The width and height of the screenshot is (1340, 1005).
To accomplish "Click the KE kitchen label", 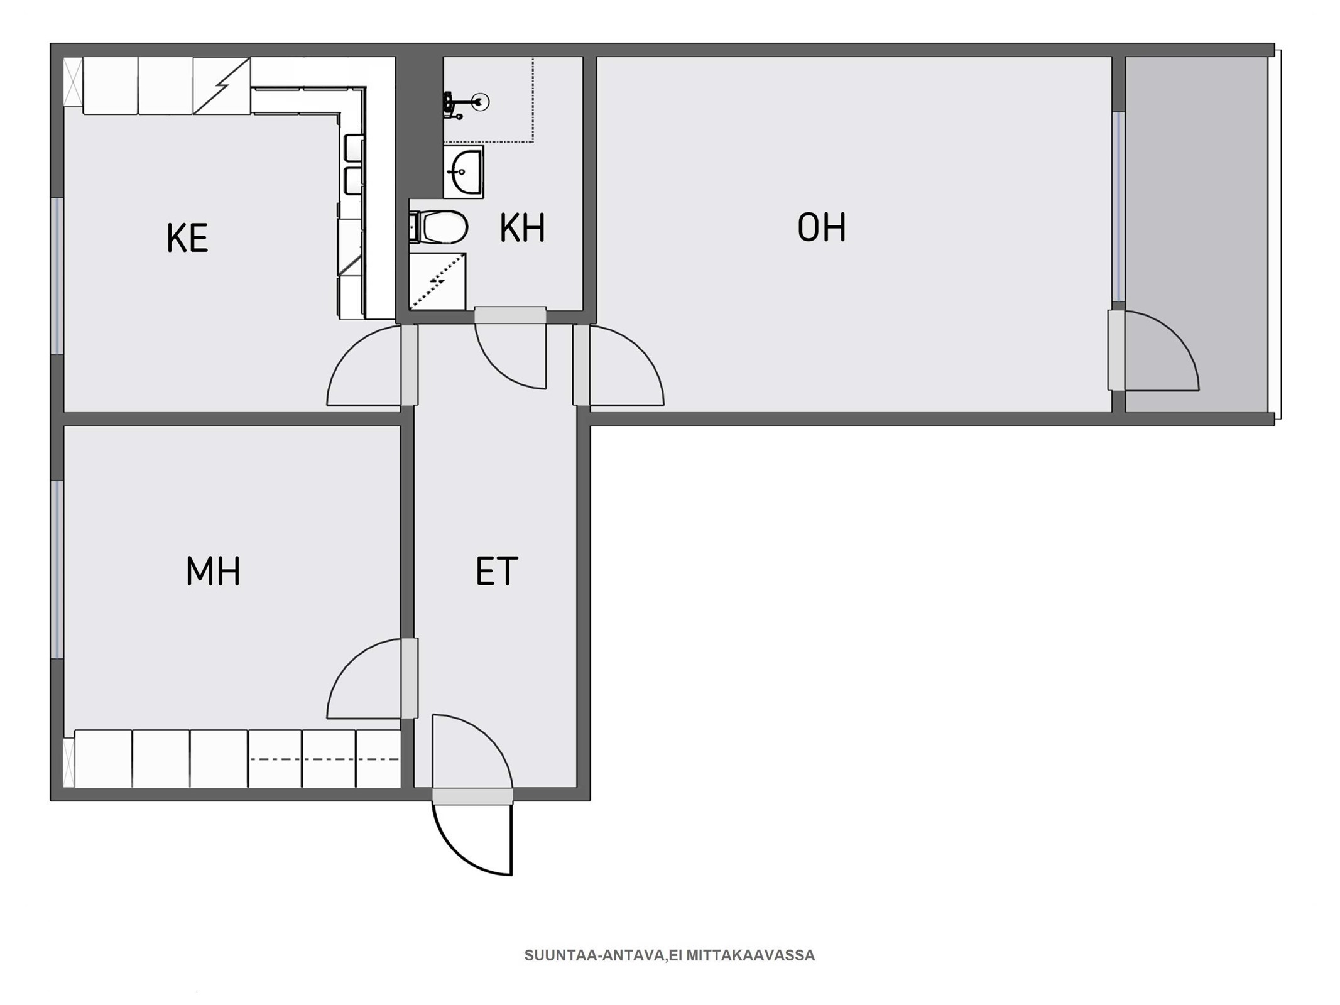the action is coord(187,238).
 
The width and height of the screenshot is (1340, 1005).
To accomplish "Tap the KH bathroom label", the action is coord(522,227).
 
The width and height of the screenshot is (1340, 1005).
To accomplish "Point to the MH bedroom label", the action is coord(213,571).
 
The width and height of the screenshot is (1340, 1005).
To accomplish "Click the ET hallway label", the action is coord(496,571).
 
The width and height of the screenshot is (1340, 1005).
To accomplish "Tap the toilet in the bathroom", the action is coord(438,227).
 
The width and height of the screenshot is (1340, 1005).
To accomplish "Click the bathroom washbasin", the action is coord(464,171).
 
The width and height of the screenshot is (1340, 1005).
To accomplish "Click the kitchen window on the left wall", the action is coord(57,276).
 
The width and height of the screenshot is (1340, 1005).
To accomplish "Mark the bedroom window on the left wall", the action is coord(57,570).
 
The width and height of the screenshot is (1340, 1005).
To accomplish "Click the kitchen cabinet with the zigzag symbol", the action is coord(221,86).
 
